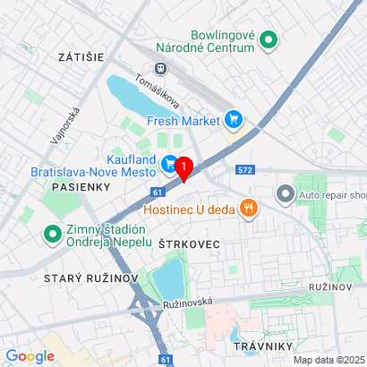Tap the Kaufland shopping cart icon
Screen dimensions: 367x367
click(x=169, y=163)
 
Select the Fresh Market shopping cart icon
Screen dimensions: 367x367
click(x=234, y=118)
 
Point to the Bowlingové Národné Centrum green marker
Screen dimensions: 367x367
click(x=268, y=39)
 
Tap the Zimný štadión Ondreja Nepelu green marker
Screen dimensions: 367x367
click(x=52, y=235)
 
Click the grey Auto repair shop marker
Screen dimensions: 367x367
click(x=285, y=192)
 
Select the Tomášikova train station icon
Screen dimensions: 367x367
click(x=161, y=68)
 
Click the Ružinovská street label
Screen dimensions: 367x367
click(x=188, y=304)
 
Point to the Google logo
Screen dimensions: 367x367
click(x=29, y=355)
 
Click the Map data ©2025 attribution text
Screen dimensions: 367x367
click(x=329, y=360)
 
